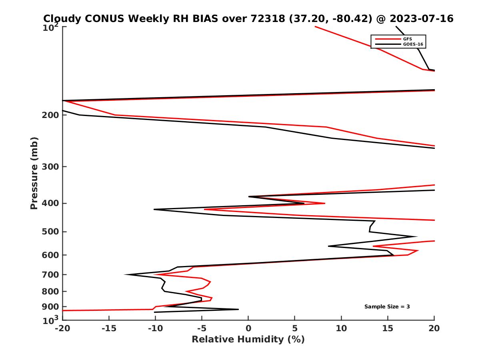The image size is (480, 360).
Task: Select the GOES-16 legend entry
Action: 413,44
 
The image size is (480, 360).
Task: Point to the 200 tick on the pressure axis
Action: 50,115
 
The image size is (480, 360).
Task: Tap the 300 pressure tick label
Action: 50,166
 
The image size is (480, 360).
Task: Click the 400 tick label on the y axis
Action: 50,203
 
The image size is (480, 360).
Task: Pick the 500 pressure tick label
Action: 50,232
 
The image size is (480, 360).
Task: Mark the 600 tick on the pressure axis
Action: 50,255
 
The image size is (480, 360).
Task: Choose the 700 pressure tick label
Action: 50,274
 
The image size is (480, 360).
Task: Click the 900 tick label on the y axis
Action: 50,307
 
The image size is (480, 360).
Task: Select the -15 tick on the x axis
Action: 109,329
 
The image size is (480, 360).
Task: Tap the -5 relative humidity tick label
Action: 202,329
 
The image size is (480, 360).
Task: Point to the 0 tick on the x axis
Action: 248,329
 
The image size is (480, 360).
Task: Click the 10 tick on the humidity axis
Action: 341,329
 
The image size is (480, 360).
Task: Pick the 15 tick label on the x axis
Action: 388,329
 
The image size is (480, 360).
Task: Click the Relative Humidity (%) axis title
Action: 248,340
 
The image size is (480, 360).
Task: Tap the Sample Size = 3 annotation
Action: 387,307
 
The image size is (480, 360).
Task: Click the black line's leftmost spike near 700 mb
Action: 126,274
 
